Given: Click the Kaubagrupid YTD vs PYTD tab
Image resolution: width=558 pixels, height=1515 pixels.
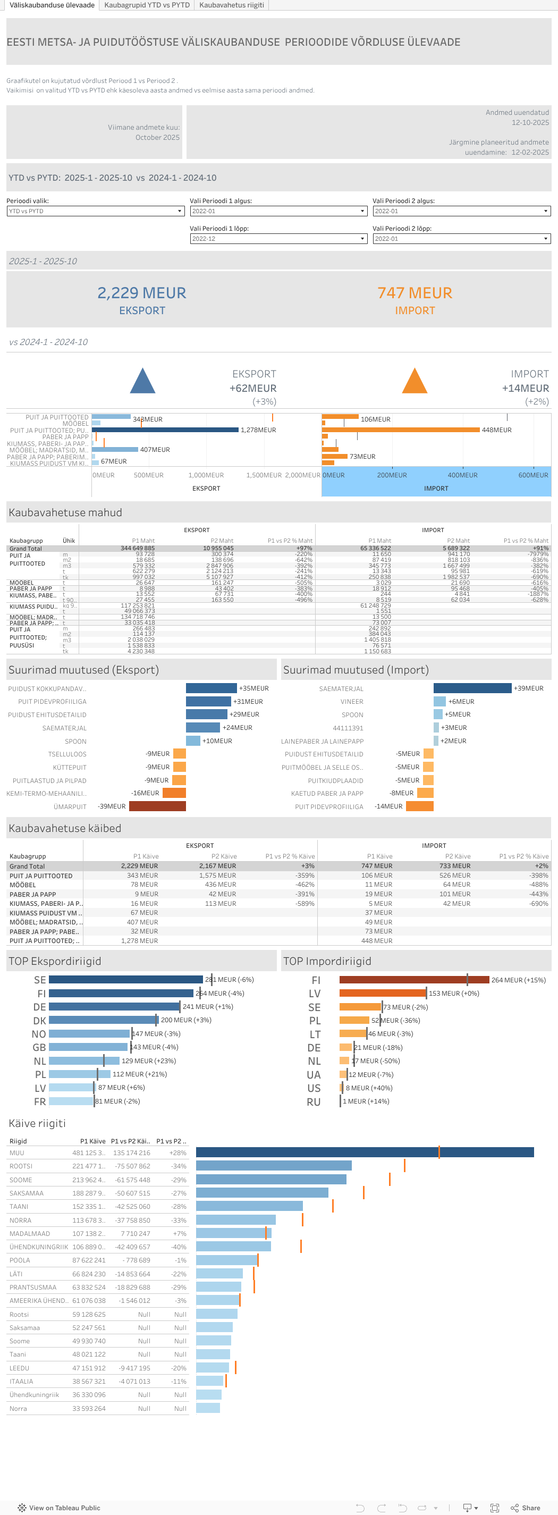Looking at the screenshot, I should (x=147, y=5).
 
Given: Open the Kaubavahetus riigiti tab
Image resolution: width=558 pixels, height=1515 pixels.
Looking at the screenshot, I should (x=231, y=5).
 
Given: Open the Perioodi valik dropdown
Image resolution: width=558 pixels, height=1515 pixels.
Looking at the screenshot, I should (x=95, y=211).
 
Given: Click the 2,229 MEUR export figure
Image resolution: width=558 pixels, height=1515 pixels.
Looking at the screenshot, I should (x=142, y=293).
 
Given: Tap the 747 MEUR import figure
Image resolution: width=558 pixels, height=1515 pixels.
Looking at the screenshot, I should (x=415, y=293).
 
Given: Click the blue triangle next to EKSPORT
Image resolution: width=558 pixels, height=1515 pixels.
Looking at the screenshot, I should (x=142, y=382).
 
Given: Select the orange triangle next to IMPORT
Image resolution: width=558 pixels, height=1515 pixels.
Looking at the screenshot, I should (x=415, y=382).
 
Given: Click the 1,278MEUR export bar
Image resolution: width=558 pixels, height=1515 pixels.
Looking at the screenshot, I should (x=165, y=430).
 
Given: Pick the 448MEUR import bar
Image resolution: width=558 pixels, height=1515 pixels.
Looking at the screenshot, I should (x=400, y=430).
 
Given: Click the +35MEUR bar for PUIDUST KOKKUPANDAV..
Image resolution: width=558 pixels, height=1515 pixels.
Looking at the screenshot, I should (x=211, y=688).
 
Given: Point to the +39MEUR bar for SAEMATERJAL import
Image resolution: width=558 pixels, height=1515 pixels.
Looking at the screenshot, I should (x=472, y=688).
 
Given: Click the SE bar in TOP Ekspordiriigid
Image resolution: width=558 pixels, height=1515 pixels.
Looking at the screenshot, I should (x=125, y=980).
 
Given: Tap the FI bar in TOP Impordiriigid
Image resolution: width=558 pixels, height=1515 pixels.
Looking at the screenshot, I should (x=414, y=980).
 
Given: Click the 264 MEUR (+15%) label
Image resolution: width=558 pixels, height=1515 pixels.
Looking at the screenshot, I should (x=518, y=980).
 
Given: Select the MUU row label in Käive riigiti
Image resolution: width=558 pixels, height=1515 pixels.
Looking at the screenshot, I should (x=17, y=1152).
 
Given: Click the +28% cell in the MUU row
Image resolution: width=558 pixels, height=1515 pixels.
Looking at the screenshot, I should (x=177, y=1152).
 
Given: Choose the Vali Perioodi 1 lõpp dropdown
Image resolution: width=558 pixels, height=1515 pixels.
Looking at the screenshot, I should (x=278, y=239).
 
